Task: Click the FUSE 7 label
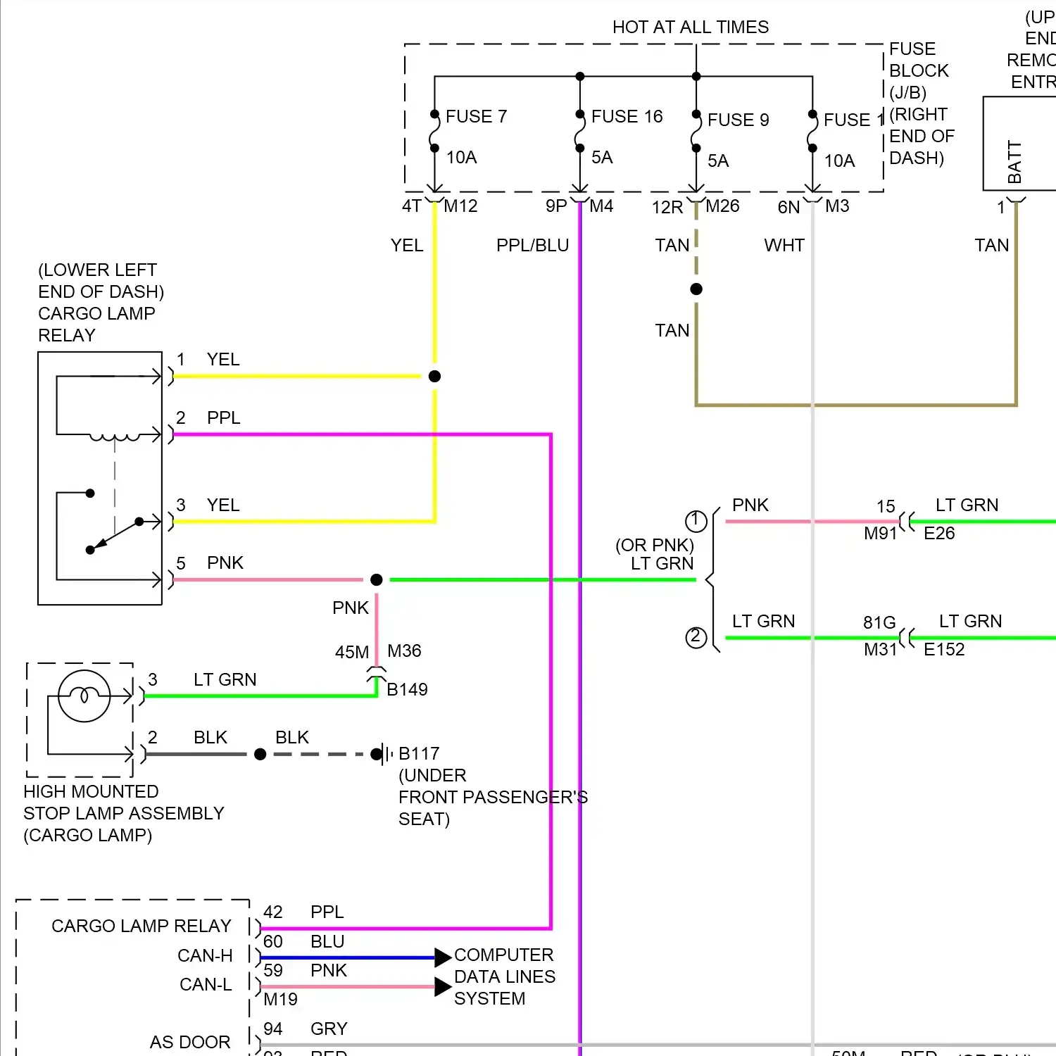[476, 116]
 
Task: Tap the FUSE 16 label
[627, 116]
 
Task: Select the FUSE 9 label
[738, 120]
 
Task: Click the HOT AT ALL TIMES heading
[690, 27]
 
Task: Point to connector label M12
[460, 206]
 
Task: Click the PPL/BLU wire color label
[532, 245]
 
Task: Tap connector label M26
[722, 206]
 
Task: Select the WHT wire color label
[784, 245]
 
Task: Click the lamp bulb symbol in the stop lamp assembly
[84, 696]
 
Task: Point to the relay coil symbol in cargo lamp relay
[115, 437]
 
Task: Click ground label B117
[419, 753]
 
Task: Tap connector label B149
[407, 689]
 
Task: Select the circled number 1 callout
[696, 521]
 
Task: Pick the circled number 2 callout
[696, 637]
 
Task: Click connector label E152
[944, 649]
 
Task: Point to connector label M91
[880, 533]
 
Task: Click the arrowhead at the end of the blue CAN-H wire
[443, 957]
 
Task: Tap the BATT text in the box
[1014, 162]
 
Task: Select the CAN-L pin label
[206, 984]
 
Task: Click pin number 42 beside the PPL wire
[273, 912]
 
